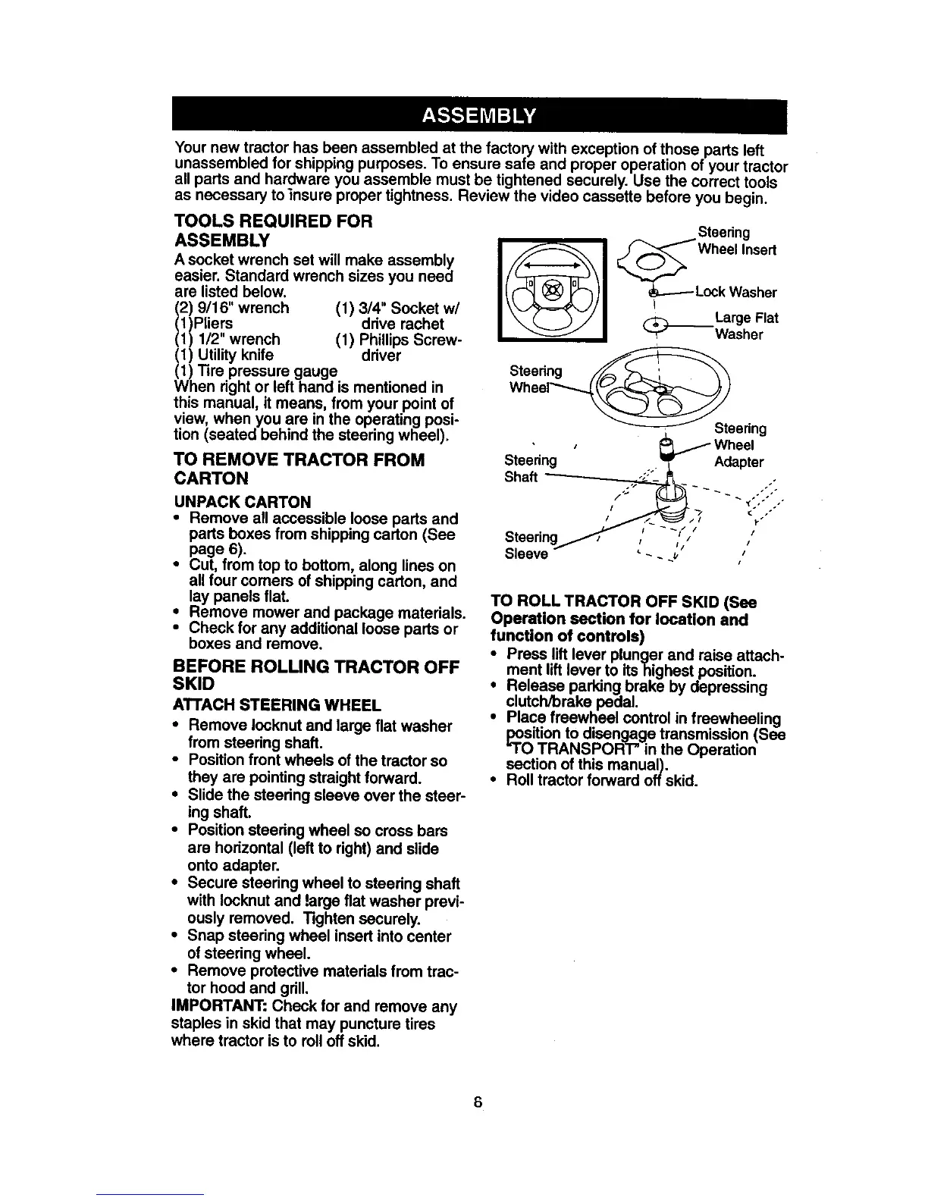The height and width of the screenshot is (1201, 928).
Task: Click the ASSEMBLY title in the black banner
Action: [x=478, y=116]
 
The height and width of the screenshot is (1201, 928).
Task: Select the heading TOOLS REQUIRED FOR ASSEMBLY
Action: [x=273, y=230]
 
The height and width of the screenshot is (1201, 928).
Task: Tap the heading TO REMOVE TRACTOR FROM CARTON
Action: [x=299, y=469]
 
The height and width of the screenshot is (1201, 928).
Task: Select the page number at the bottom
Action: [x=478, y=1101]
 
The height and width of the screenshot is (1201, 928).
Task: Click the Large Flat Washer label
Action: [x=746, y=326]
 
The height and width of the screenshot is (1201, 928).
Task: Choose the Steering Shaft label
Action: [x=531, y=469]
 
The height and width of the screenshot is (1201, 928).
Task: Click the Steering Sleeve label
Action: [x=531, y=545]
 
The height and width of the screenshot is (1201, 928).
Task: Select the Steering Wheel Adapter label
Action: [x=740, y=445]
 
